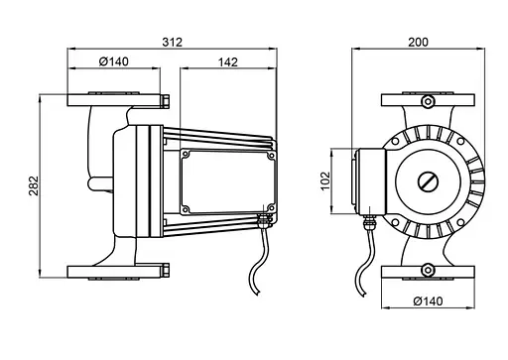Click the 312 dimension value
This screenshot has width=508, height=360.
click(172, 42)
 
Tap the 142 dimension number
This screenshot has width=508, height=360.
click(228, 62)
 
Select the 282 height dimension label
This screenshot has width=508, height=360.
click(34, 185)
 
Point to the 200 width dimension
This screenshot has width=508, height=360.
click(418, 43)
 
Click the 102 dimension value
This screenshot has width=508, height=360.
click(325, 180)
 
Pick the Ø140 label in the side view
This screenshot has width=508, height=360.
click(114, 61)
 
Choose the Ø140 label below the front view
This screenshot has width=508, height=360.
click(428, 301)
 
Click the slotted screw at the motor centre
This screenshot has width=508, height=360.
click(428, 182)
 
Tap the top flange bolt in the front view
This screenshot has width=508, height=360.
click(428, 101)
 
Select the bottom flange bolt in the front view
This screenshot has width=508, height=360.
click(428, 270)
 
